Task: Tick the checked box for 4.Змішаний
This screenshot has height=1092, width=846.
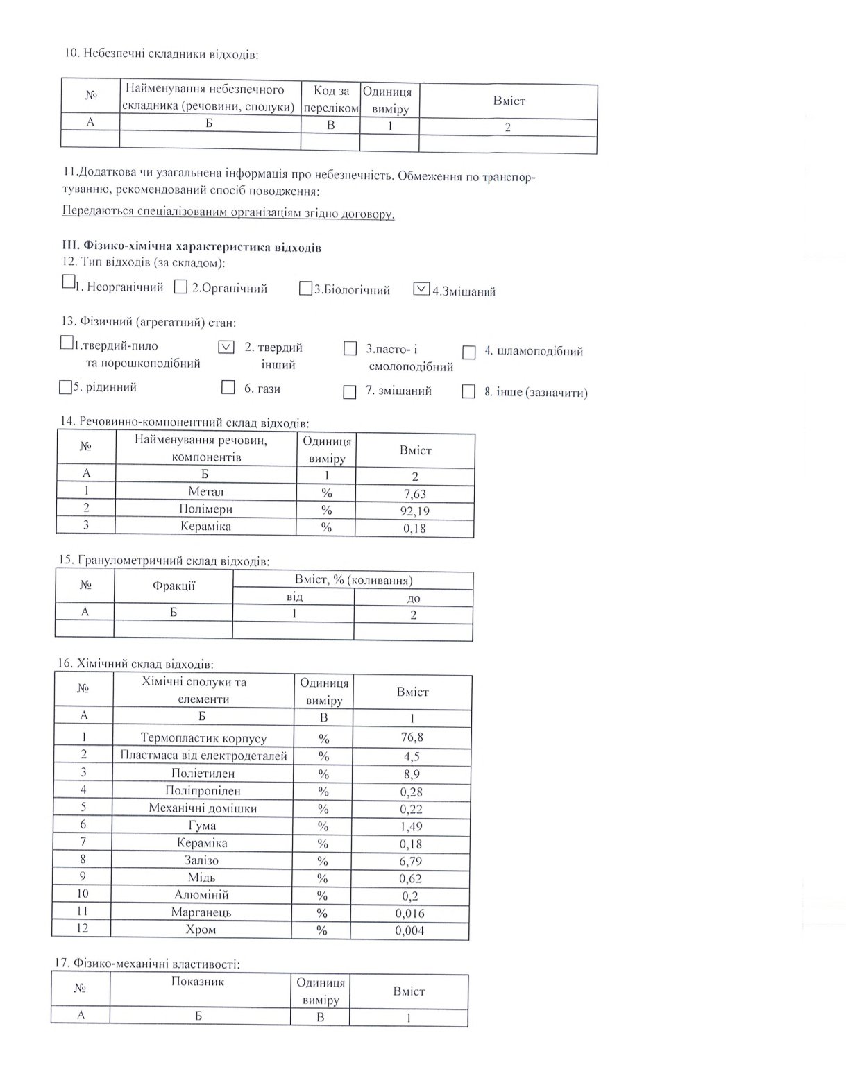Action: click(x=421, y=289)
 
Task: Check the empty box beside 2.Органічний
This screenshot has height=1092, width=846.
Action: click(x=180, y=287)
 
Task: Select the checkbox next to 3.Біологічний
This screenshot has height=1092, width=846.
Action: click(x=305, y=289)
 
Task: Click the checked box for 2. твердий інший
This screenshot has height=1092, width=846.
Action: click(x=226, y=347)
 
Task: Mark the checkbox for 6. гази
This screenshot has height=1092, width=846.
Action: click(x=228, y=387)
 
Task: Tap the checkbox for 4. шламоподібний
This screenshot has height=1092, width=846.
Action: click(x=469, y=352)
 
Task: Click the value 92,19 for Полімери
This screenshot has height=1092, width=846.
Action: click(x=415, y=511)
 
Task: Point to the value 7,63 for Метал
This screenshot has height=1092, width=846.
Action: click(x=415, y=493)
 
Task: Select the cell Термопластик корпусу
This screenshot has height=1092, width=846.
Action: click(x=203, y=738)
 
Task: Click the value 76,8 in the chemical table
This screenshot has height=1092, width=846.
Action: click(x=412, y=737)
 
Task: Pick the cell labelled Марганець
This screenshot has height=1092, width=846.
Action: click(x=201, y=912)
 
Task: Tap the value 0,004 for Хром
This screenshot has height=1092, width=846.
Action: click(x=409, y=930)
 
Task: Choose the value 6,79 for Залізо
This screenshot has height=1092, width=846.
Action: click(x=412, y=861)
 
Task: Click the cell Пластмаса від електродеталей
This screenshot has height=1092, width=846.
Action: click(x=203, y=756)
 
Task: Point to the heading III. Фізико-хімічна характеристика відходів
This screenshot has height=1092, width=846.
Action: click(x=192, y=247)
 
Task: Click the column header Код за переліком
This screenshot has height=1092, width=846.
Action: click(x=330, y=100)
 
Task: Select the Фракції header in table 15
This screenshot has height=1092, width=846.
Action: click(x=174, y=586)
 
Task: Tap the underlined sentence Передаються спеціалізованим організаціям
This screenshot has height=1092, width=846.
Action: click(x=228, y=213)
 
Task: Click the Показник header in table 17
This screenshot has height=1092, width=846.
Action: click(x=198, y=982)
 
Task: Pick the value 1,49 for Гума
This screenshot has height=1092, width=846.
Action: click(x=412, y=826)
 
